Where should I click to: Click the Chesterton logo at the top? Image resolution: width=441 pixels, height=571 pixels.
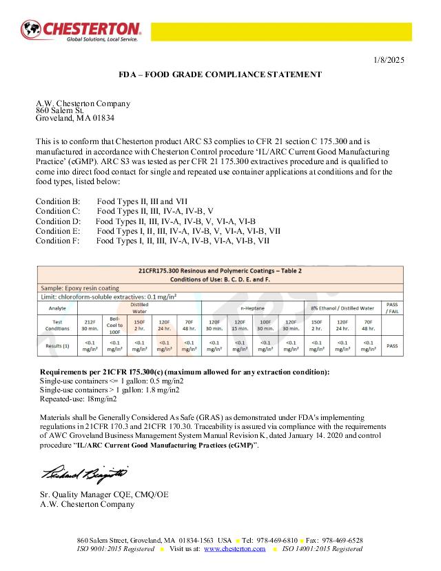click(82, 30)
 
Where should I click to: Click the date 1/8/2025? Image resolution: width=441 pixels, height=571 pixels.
click(389, 60)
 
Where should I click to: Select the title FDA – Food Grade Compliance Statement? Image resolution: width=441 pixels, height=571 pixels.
click(220, 74)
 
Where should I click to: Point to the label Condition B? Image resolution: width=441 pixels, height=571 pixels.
click(58, 201)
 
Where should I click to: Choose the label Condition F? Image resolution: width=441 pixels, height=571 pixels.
click(58, 241)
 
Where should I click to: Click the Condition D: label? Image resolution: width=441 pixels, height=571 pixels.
click(58, 221)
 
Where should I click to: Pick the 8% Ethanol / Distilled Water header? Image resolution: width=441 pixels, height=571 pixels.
click(342, 308)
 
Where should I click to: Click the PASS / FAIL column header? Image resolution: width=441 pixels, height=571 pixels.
click(392, 308)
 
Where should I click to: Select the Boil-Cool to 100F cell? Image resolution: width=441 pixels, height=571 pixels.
click(114, 325)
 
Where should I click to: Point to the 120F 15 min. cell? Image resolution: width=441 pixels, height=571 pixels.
click(240, 325)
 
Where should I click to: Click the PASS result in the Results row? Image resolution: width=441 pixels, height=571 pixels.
click(392, 345)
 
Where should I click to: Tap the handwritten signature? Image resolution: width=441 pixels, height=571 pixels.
click(85, 475)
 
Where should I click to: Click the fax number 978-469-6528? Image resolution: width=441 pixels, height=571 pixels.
click(345, 540)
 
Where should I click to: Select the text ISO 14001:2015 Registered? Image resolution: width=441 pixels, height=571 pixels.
click(323, 549)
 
